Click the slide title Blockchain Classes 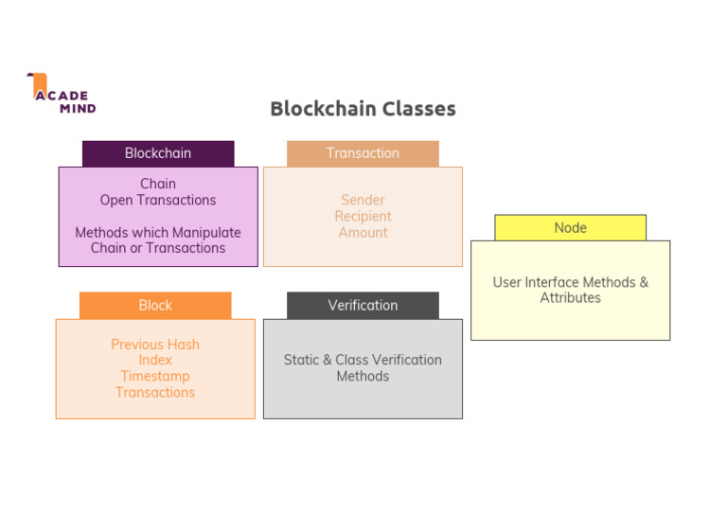363,109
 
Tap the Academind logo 62,95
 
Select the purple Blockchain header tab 158,153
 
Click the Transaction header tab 363,153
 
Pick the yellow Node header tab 570,228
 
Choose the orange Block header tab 155,305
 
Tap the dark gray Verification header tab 363,305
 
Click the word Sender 363,200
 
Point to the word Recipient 363,216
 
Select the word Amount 363,232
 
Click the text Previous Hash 155,345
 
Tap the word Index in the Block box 155,360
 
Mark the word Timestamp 155,376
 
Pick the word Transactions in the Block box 155,392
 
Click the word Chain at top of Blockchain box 158,184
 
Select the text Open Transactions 158,200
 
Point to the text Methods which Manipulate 158,232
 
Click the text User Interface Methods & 570,282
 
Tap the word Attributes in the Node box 570,297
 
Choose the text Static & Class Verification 363,360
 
